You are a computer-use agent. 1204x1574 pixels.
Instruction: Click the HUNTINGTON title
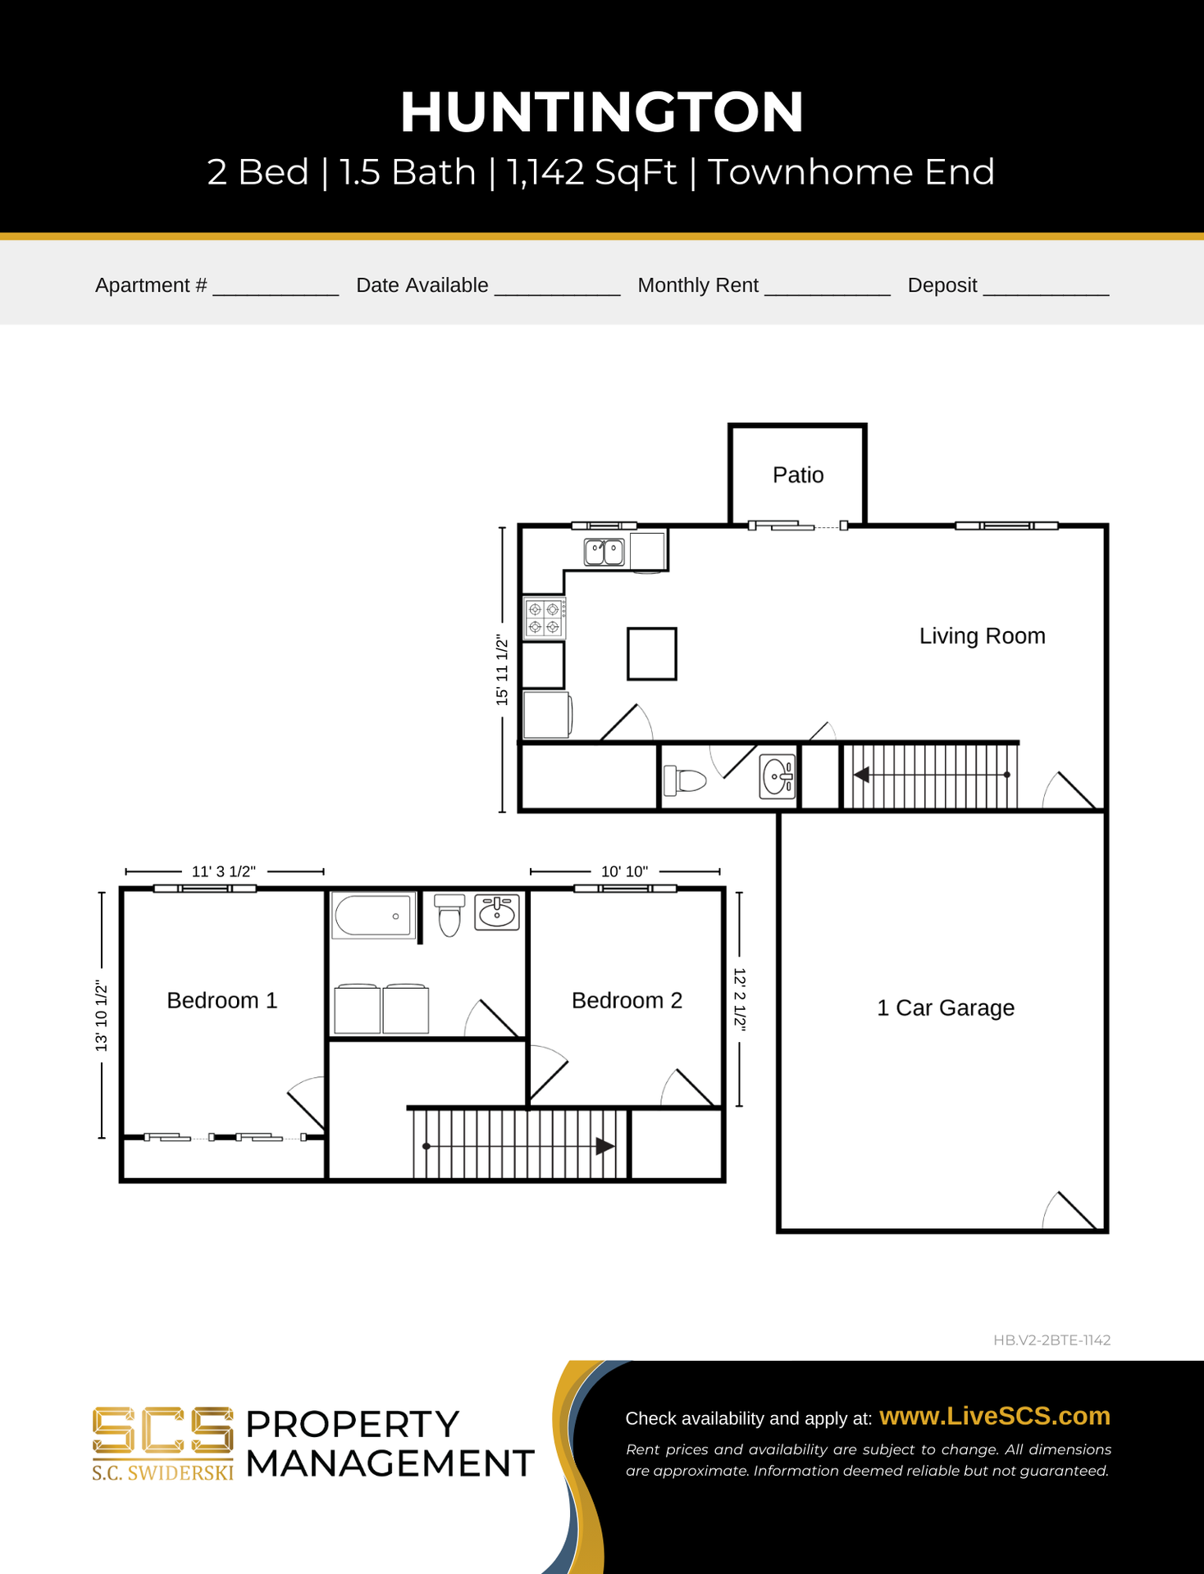coord(601,112)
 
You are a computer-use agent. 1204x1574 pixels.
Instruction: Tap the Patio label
coord(798,475)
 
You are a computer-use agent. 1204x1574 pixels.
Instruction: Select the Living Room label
coord(982,636)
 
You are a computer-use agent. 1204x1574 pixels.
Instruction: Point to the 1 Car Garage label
coord(946,1008)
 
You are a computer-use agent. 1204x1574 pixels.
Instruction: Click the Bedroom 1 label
coord(222,1000)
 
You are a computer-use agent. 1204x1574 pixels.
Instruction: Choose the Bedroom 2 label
coord(627,1000)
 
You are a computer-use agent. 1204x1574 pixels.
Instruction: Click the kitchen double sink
coord(604,552)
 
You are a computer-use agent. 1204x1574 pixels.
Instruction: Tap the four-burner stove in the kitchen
coord(545,617)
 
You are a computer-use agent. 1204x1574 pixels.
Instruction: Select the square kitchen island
coord(652,654)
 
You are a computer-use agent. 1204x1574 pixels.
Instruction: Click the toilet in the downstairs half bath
coord(685,780)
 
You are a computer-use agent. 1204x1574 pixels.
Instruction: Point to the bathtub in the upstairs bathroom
coord(373,916)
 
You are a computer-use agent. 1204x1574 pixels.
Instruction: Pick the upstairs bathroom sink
coord(497,912)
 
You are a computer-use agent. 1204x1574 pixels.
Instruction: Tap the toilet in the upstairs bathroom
coord(449,915)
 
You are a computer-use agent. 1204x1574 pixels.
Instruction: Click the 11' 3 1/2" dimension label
coord(224,871)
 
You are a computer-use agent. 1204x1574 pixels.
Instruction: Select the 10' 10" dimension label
coord(624,871)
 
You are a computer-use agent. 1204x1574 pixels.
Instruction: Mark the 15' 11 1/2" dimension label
coord(502,670)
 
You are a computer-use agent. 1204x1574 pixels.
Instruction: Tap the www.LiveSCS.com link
coord(995,1416)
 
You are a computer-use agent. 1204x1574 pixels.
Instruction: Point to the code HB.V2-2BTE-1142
coord(1051,1340)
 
